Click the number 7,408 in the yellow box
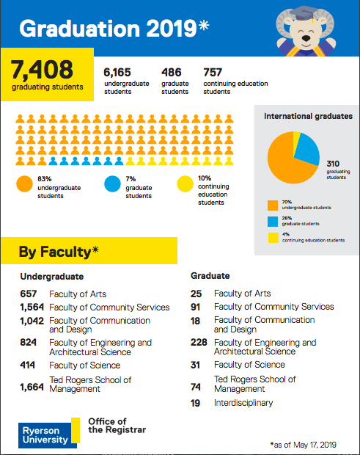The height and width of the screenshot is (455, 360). [x=42, y=70]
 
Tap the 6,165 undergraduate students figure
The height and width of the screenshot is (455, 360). [x=117, y=72]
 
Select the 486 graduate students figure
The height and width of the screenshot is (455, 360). [x=172, y=72]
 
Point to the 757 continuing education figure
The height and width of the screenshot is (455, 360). [x=213, y=72]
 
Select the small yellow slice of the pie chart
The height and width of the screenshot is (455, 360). [x=296, y=139]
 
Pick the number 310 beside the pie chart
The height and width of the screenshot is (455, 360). [x=333, y=164]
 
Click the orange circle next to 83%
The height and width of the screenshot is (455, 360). [x=24, y=183]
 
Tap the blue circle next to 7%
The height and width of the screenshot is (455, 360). [x=112, y=183]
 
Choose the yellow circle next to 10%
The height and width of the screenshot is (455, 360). [x=185, y=183]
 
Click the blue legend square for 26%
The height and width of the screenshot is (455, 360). [x=273, y=222]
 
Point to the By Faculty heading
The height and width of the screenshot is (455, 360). [x=59, y=251]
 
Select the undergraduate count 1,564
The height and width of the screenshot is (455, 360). [x=32, y=307]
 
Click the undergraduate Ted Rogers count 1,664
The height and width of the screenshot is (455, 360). [x=32, y=387]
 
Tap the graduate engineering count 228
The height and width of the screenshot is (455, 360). [x=199, y=342]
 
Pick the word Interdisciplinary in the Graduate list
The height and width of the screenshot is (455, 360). [x=243, y=403]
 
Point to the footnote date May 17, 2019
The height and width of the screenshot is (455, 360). [x=315, y=445]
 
